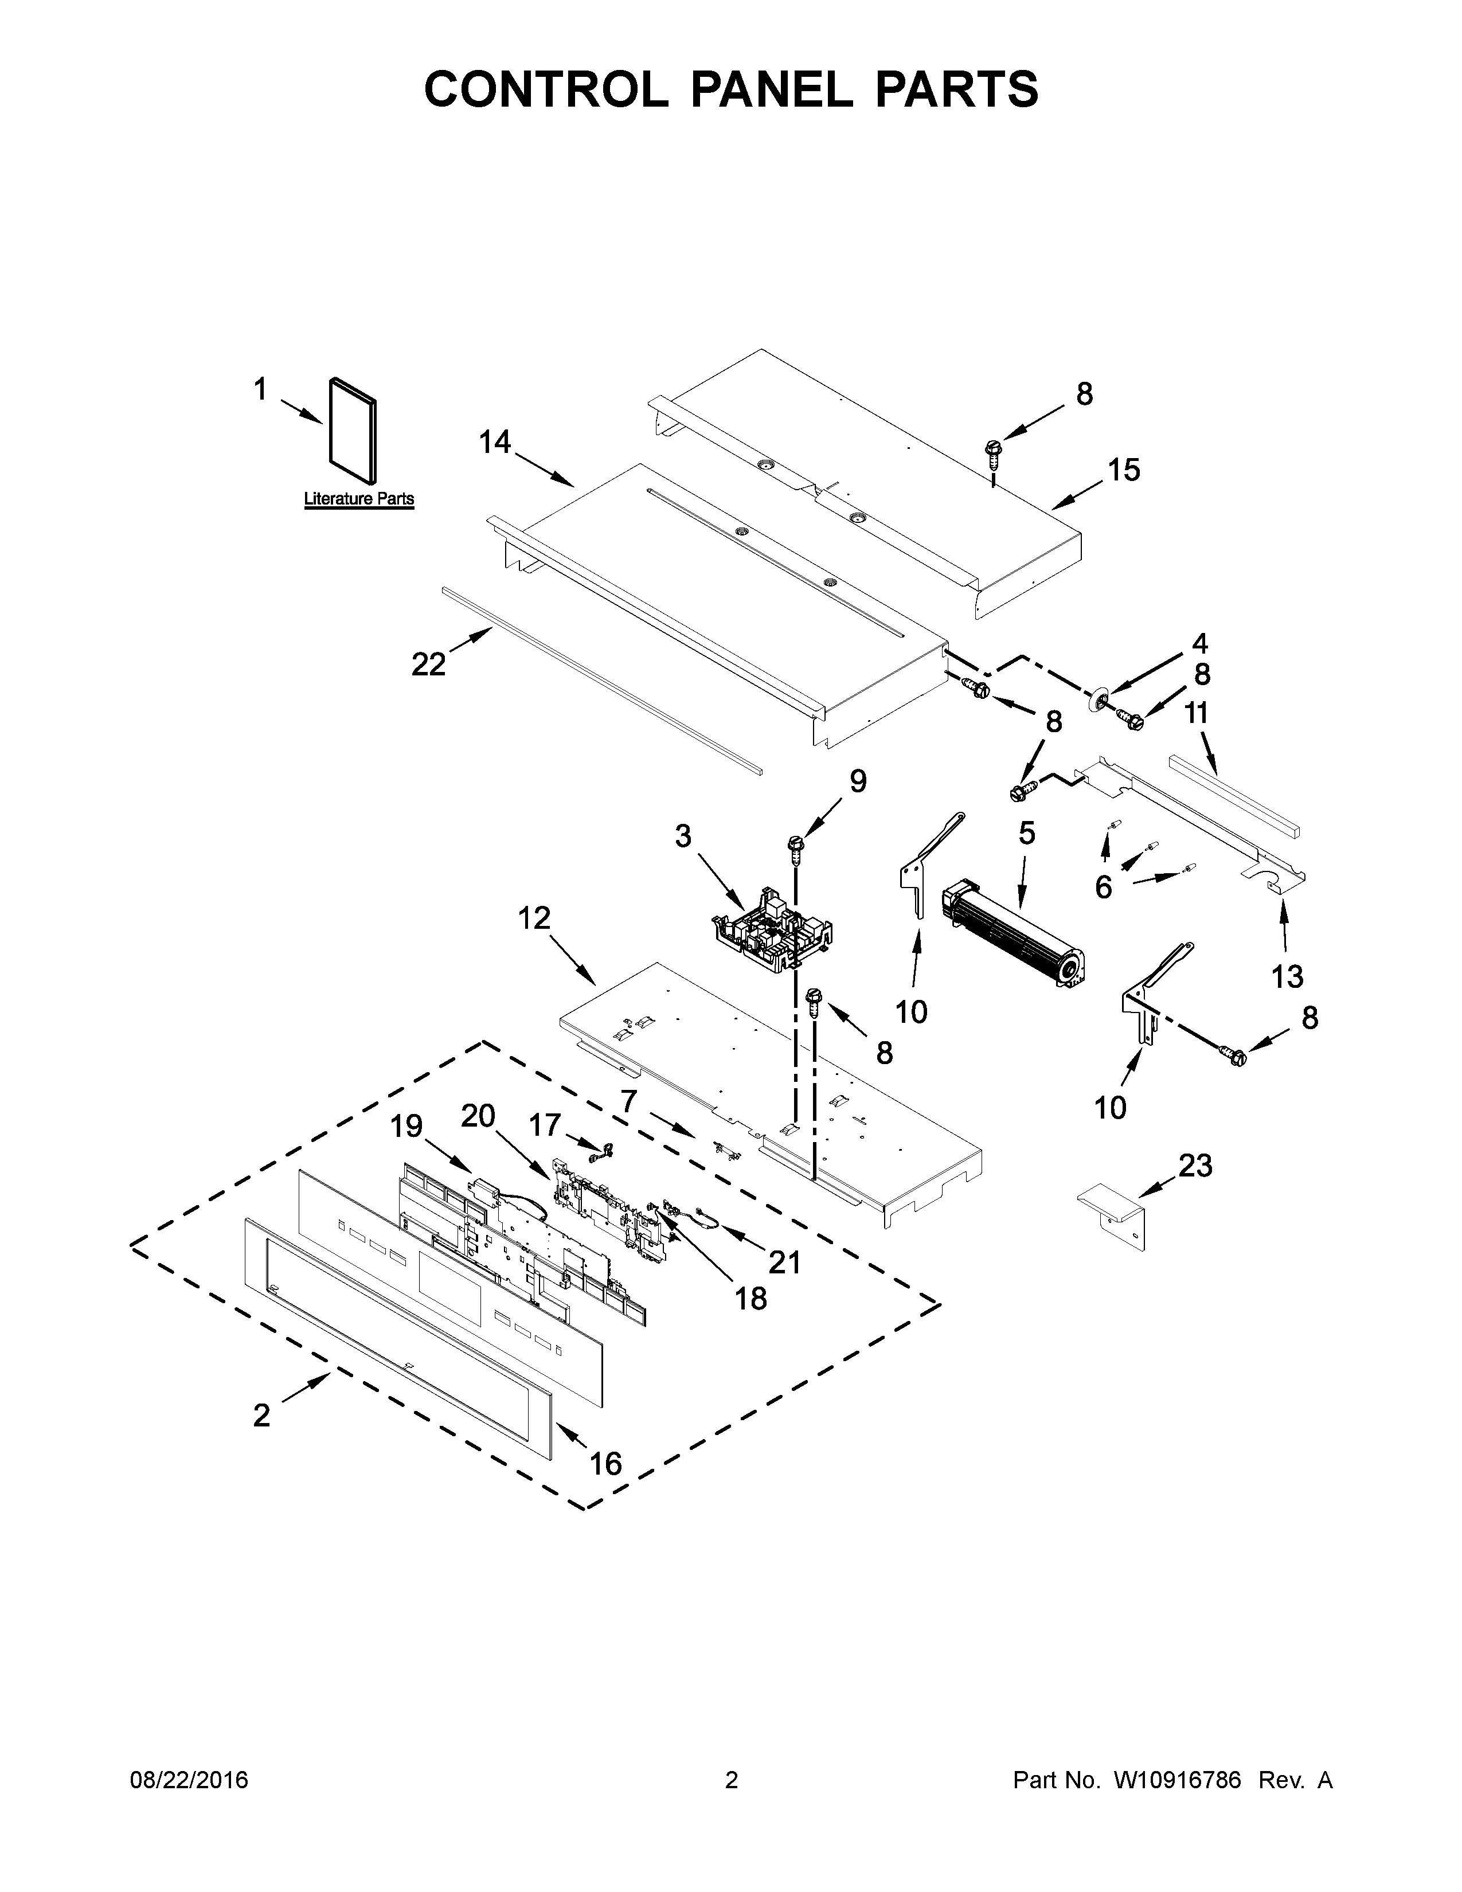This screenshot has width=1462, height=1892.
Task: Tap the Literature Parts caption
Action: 358,499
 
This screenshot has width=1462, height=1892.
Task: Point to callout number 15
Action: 1124,470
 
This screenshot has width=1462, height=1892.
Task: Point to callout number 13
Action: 1287,976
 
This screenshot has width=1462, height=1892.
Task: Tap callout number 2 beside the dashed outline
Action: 261,1416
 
